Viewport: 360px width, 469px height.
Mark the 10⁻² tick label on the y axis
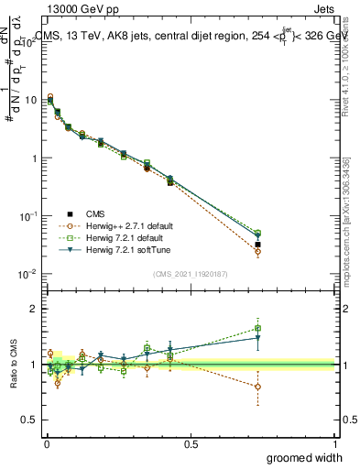[28, 274]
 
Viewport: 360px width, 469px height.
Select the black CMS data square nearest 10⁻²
[257, 245]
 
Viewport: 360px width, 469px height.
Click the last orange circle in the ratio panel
[257, 387]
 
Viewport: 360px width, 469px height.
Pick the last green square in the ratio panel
[257, 328]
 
